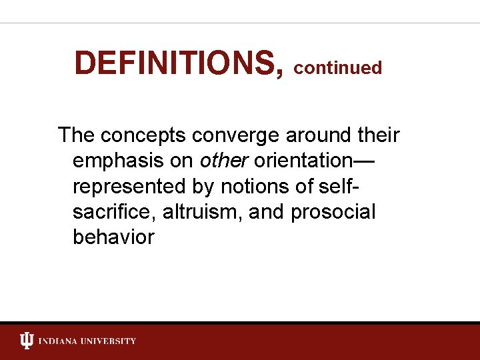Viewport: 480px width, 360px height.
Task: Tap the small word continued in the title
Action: click(x=337, y=68)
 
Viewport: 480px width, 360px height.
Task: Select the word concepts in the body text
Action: click(x=144, y=135)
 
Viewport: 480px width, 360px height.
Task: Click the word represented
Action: click(x=127, y=187)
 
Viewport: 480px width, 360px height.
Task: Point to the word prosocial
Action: click(x=333, y=212)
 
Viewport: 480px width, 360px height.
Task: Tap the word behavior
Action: click(x=113, y=237)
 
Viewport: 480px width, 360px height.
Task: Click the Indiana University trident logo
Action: click(x=27, y=341)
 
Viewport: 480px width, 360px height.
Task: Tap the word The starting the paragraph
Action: click(x=76, y=135)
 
